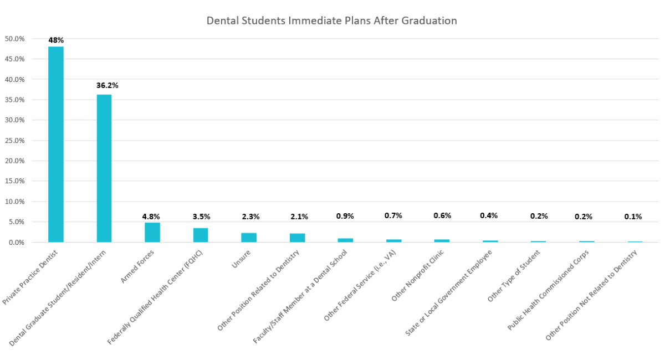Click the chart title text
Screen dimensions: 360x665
[x=331, y=20]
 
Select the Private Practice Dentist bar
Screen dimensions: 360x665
[x=56, y=144]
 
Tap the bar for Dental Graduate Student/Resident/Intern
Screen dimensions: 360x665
[x=104, y=168]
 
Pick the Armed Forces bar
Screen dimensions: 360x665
[x=152, y=232]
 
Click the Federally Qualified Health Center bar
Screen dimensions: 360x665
[x=201, y=235]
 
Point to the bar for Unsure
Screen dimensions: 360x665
[x=249, y=237]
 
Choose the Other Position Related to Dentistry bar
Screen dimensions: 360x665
[x=297, y=238]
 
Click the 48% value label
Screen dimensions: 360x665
[x=56, y=40]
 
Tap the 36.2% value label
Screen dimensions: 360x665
[x=104, y=85]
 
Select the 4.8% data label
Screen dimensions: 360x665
[x=152, y=217]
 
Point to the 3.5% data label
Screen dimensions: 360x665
[x=201, y=217]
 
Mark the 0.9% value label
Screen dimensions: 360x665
[x=345, y=215]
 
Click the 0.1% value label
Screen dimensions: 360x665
[x=633, y=217]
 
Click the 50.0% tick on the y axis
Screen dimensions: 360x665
[x=14, y=39]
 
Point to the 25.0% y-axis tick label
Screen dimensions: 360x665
[x=14, y=141]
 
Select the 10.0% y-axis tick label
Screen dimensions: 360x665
[x=14, y=202]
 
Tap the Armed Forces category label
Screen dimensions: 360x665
[x=138, y=266]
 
